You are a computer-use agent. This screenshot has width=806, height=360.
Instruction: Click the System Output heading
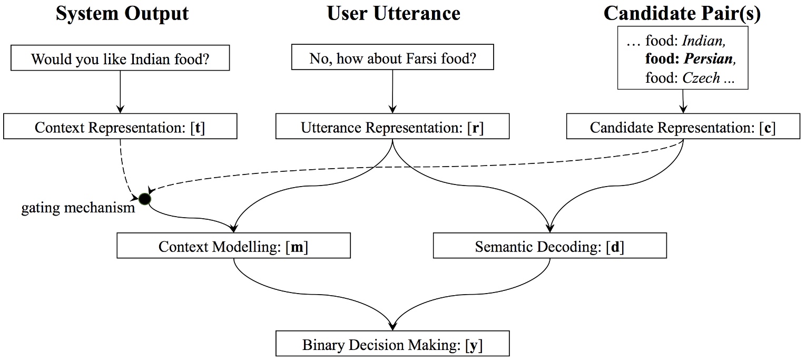(x=122, y=13)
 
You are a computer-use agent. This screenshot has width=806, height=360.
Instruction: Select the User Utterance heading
(x=394, y=13)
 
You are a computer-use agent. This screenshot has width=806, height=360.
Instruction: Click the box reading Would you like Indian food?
(x=121, y=59)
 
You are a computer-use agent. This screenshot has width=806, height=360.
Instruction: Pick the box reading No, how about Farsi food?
(x=392, y=58)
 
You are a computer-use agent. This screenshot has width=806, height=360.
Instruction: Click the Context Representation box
(x=120, y=128)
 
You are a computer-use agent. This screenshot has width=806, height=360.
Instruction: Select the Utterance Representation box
(x=392, y=128)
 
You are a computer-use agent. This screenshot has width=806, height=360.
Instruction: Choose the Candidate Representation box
(x=683, y=128)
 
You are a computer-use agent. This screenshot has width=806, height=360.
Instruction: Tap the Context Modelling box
(x=233, y=247)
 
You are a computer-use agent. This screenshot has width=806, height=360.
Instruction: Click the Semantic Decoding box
(x=549, y=247)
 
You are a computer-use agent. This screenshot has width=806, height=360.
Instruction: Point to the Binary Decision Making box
(x=392, y=345)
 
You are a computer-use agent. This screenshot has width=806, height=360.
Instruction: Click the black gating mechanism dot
(x=144, y=199)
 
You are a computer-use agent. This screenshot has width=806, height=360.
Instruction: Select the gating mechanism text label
(x=78, y=209)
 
